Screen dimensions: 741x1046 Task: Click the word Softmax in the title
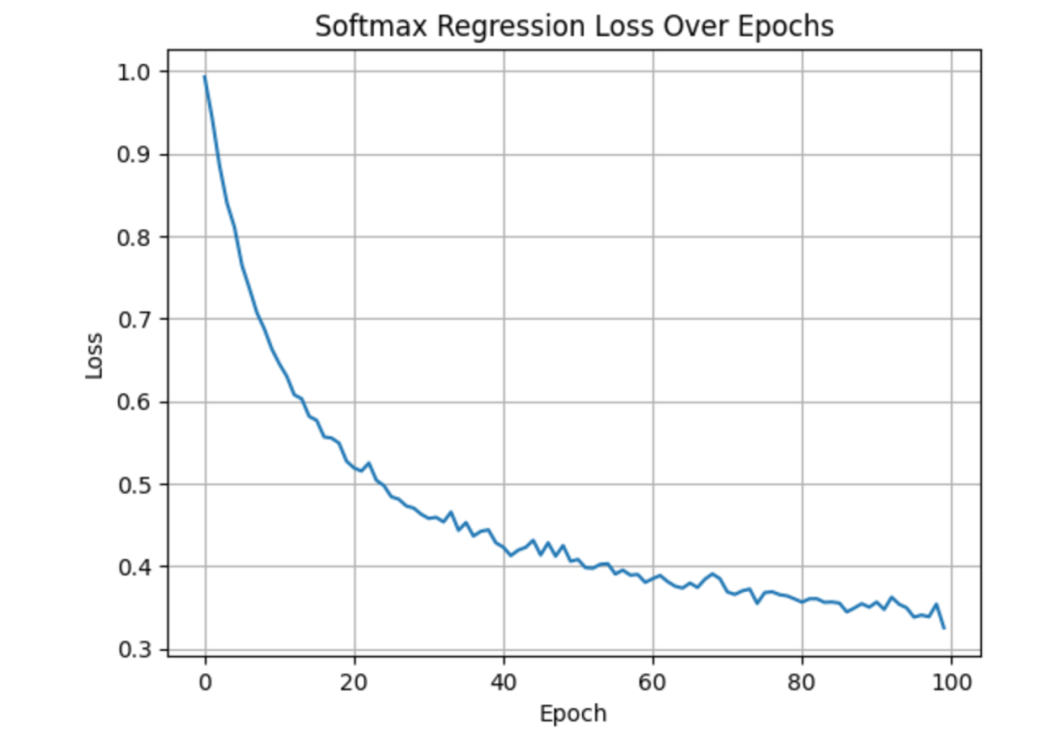pyautogui.click(x=363, y=27)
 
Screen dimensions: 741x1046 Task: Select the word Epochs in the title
pyautogui.click(x=790, y=27)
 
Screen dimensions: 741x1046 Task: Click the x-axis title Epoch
pyautogui.click(x=572, y=714)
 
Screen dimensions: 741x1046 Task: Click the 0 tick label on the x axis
pyautogui.click(x=204, y=682)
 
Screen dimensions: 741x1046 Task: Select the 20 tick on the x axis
pyautogui.click(x=354, y=682)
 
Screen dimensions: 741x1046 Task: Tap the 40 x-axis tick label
pyautogui.click(x=503, y=682)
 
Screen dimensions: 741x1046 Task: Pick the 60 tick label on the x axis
pyautogui.click(x=653, y=682)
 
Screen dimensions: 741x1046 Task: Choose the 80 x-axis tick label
pyautogui.click(x=802, y=682)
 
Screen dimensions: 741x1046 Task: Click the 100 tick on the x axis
pyautogui.click(x=951, y=682)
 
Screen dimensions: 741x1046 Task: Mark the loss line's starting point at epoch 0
pyautogui.click(x=204, y=77)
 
